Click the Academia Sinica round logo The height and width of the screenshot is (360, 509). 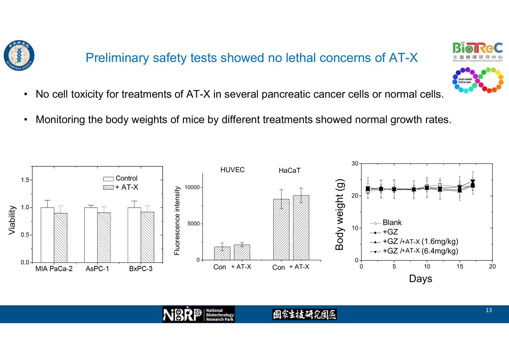click(19, 56)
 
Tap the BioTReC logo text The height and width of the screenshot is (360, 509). click(478, 48)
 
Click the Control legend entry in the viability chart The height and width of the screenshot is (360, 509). click(121, 178)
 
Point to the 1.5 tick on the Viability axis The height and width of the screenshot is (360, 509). click(25, 180)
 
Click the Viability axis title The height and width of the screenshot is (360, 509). click(12, 220)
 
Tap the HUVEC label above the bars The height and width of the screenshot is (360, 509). click(232, 170)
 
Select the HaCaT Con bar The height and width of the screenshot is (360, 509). click(281, 230)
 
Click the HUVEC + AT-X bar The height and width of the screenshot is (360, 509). click(242, 252)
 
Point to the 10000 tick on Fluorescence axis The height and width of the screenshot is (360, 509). click(192, 187)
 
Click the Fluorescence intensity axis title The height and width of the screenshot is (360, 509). click(177, 221)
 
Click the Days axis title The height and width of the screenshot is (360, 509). click(420, 279)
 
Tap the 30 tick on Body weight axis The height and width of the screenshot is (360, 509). click(355, 163)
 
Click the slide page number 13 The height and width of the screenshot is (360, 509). click(489, 310)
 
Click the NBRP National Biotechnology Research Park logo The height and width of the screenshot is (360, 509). click(199, 314)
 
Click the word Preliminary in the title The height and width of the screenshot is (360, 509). click(117, 58)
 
